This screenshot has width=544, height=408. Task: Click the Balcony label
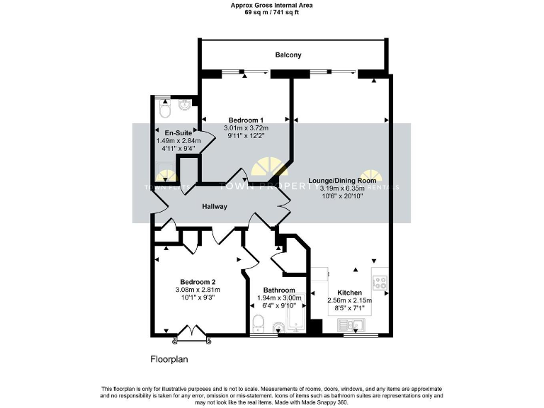pyautogui.click(x=288, y=55)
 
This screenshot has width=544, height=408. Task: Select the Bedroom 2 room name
pyautogui.click(x=198, y=281)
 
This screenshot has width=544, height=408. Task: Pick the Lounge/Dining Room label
pyautogui.click(x=341, y=180)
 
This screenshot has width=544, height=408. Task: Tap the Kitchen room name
pyautogui.click(x=350, y=293)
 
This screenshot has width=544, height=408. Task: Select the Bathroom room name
pyautogui.click(x=279, y=290)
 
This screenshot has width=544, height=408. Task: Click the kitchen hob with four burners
pyautogui.click(x=380, y=281)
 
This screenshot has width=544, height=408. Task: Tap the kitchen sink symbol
pyautogui.click(x=351, y=324)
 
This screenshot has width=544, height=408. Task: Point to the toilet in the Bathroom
pyautogui.click(x=259, y=324)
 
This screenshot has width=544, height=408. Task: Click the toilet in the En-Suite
pyautogui.click(x=165, y=111)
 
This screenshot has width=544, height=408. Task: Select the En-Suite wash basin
pyautogui.click(x=186, y=106)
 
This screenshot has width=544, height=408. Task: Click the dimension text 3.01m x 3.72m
pyautogui.click(x=245, y=127)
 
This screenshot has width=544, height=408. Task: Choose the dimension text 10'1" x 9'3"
pyautogui.click(x=198, y=297)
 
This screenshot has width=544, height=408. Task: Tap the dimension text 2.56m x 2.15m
pyautogui.click(x=350, y=301)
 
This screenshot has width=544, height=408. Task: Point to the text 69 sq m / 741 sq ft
pyautogui.click(x=271, y=13)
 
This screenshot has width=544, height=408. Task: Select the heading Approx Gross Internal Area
pyautogui.click(x=271, y=5)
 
